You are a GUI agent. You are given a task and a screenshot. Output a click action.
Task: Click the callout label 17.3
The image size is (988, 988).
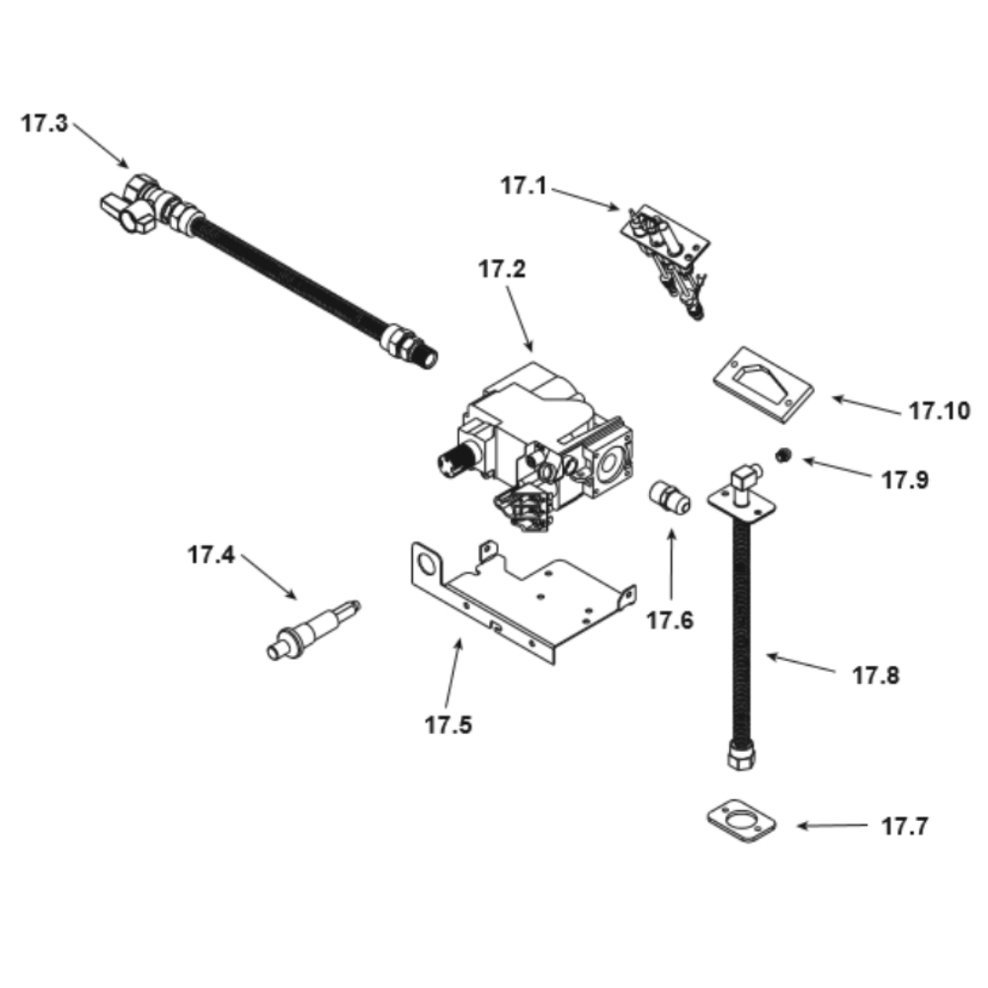(x=44, y=123)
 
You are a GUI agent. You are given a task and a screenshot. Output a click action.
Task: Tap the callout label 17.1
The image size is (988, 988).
(x=524, y=186)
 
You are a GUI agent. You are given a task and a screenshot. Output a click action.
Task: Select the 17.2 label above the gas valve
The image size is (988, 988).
(x=502, y=269)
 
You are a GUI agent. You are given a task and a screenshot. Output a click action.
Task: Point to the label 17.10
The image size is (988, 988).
(x=939, y=411)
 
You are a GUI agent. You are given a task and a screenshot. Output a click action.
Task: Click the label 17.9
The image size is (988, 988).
(x=905, y=480)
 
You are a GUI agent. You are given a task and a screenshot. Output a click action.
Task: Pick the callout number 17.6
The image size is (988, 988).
(x=670, y=620)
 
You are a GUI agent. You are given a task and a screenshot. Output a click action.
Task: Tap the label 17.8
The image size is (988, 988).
(x=875, y=676)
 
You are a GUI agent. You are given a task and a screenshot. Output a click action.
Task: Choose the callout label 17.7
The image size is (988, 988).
(x=905, y=826)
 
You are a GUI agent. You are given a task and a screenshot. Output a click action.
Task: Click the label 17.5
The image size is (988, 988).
(x=448, y=725)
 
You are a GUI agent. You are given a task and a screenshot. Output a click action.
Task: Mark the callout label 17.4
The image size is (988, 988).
(x=211, y=555)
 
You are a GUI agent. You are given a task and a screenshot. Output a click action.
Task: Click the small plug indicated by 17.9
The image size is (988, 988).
(x=783, y=454)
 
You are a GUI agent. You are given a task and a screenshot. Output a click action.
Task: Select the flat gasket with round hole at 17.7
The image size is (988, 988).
(x=742, y=821)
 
